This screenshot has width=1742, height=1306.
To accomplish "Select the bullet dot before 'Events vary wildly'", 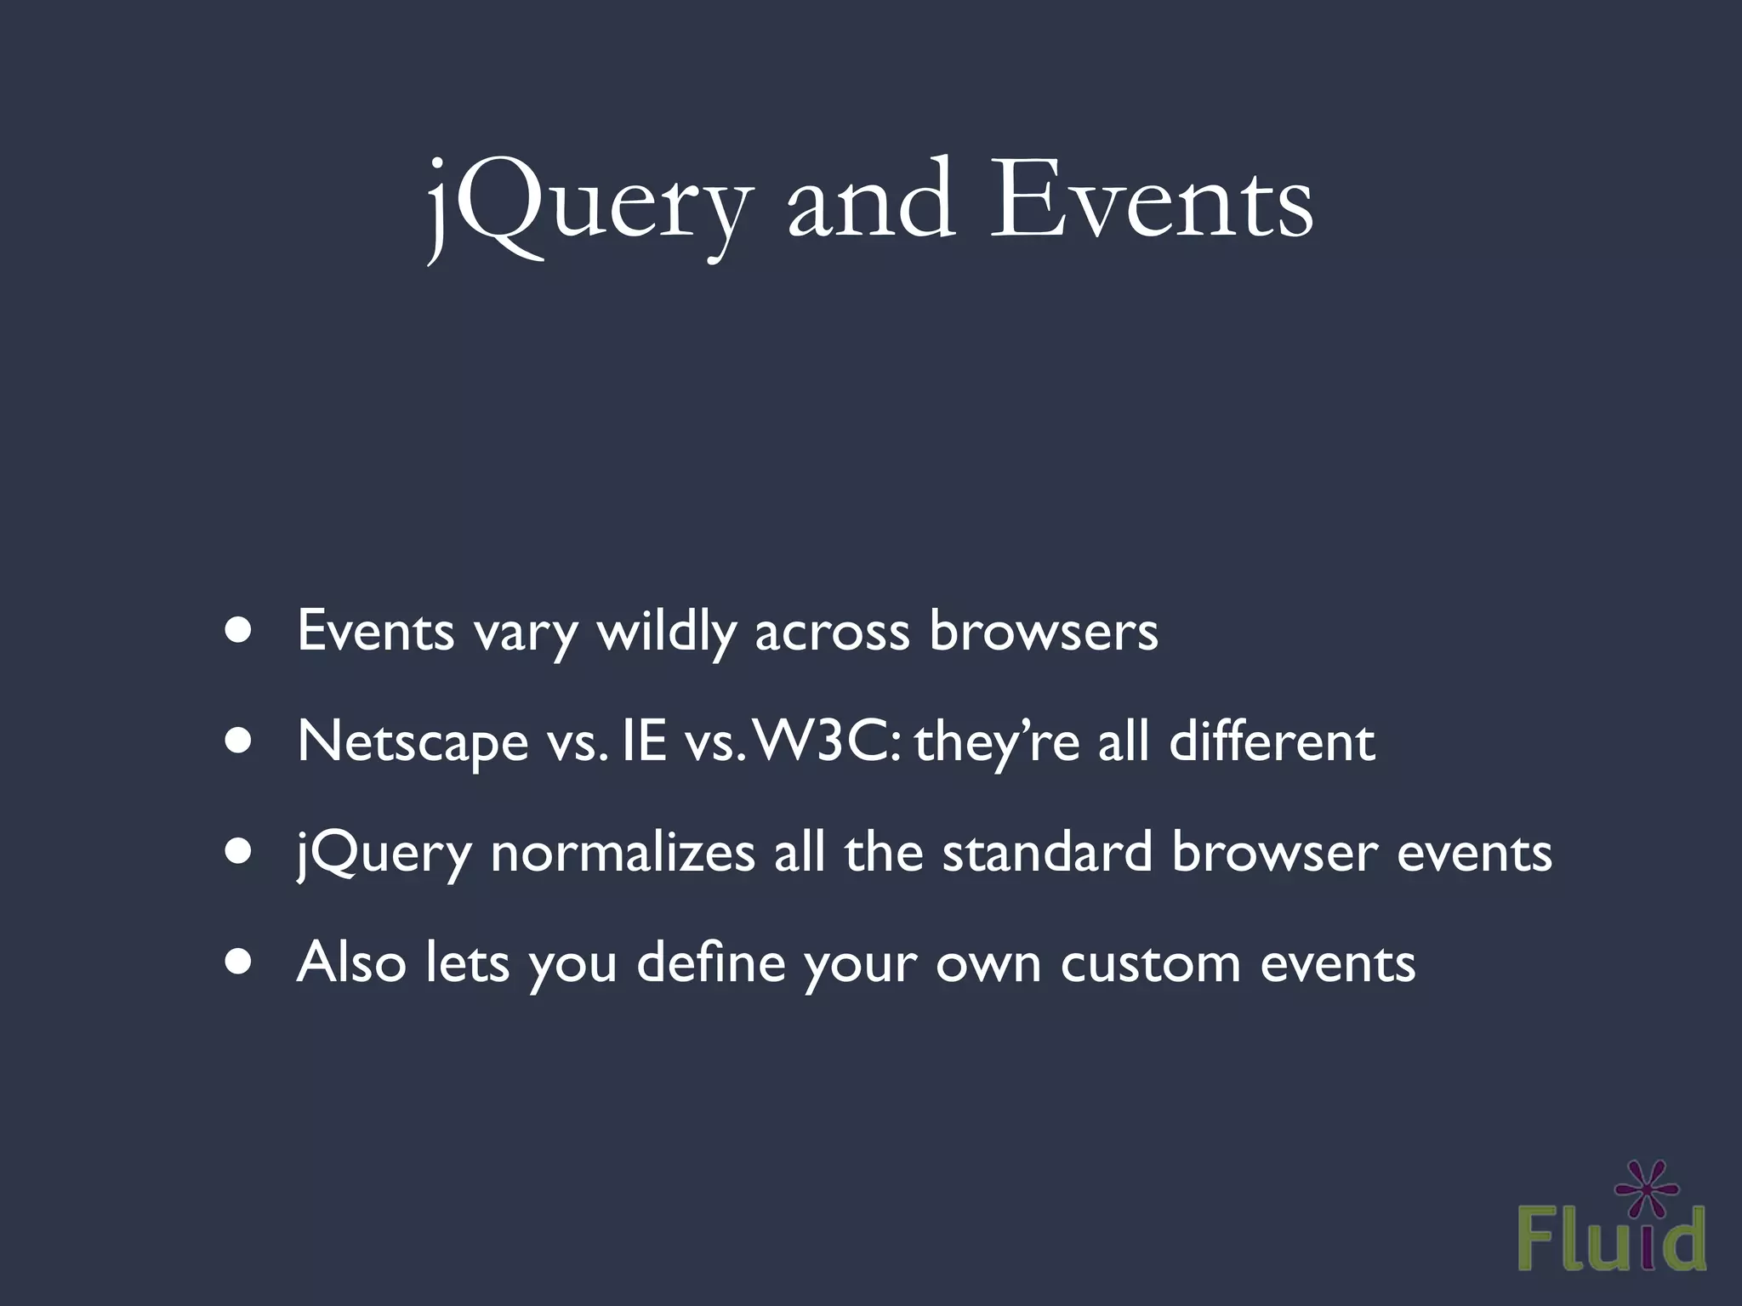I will coord(239,631).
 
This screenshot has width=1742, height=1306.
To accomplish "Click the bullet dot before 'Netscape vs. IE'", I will coord(239,741).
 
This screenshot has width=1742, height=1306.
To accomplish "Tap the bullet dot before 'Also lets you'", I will coord(239,962).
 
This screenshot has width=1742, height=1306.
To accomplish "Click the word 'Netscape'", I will coord(413,741).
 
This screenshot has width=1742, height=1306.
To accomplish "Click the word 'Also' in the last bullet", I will coord(351,962).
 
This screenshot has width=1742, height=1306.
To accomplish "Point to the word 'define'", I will coord(711,962).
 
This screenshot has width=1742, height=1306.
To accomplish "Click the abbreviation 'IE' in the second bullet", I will coord(643,741).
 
